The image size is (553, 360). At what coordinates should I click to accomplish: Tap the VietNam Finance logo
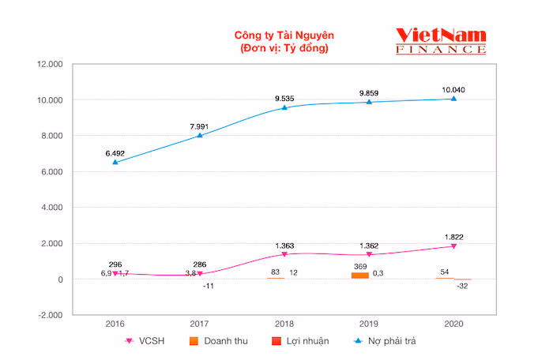pos(441,40)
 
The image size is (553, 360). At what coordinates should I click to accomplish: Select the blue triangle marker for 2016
pos(115,162)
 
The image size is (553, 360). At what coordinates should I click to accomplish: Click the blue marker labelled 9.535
pos(284,107)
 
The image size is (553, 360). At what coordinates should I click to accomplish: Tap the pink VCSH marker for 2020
pos(453,246)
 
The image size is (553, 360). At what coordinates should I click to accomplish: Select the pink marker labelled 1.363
pos(284,254)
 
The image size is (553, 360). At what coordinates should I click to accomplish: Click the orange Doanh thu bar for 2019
pos(360,276)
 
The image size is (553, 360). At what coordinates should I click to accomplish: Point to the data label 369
pos(360,266)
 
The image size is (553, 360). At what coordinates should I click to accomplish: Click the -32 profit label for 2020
pos(461,287)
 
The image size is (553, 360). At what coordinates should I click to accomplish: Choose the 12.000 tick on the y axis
pos(51,64)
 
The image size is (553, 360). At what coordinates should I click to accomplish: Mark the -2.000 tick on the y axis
pos(51,315)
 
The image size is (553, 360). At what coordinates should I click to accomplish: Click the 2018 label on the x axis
pos(284,324)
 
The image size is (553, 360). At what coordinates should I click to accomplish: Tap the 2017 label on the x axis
pos(200,324)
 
